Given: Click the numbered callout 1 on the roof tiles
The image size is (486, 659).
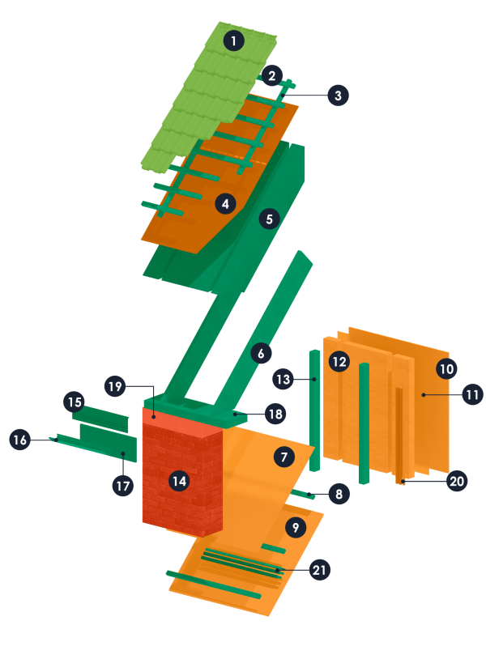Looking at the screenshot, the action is click(x=234, y=41).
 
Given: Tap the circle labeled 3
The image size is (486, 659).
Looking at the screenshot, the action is click(x=338, y=96).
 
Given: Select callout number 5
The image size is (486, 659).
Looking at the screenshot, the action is click(x=270, y=219).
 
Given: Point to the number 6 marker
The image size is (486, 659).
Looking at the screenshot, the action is click(x=261, y=353).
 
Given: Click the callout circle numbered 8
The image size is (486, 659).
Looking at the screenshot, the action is click(x=339, y=494).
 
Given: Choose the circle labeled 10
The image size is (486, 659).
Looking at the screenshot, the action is click(x=446, y=369).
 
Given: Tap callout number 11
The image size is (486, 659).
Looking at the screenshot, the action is click(x=472, y=394).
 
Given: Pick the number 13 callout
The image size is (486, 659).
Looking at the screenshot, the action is click(x=283, y=379).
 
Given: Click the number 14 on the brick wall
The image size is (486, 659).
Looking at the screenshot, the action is click(x=180, y=481).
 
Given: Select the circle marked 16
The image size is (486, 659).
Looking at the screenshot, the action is click(x=19, y=440).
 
